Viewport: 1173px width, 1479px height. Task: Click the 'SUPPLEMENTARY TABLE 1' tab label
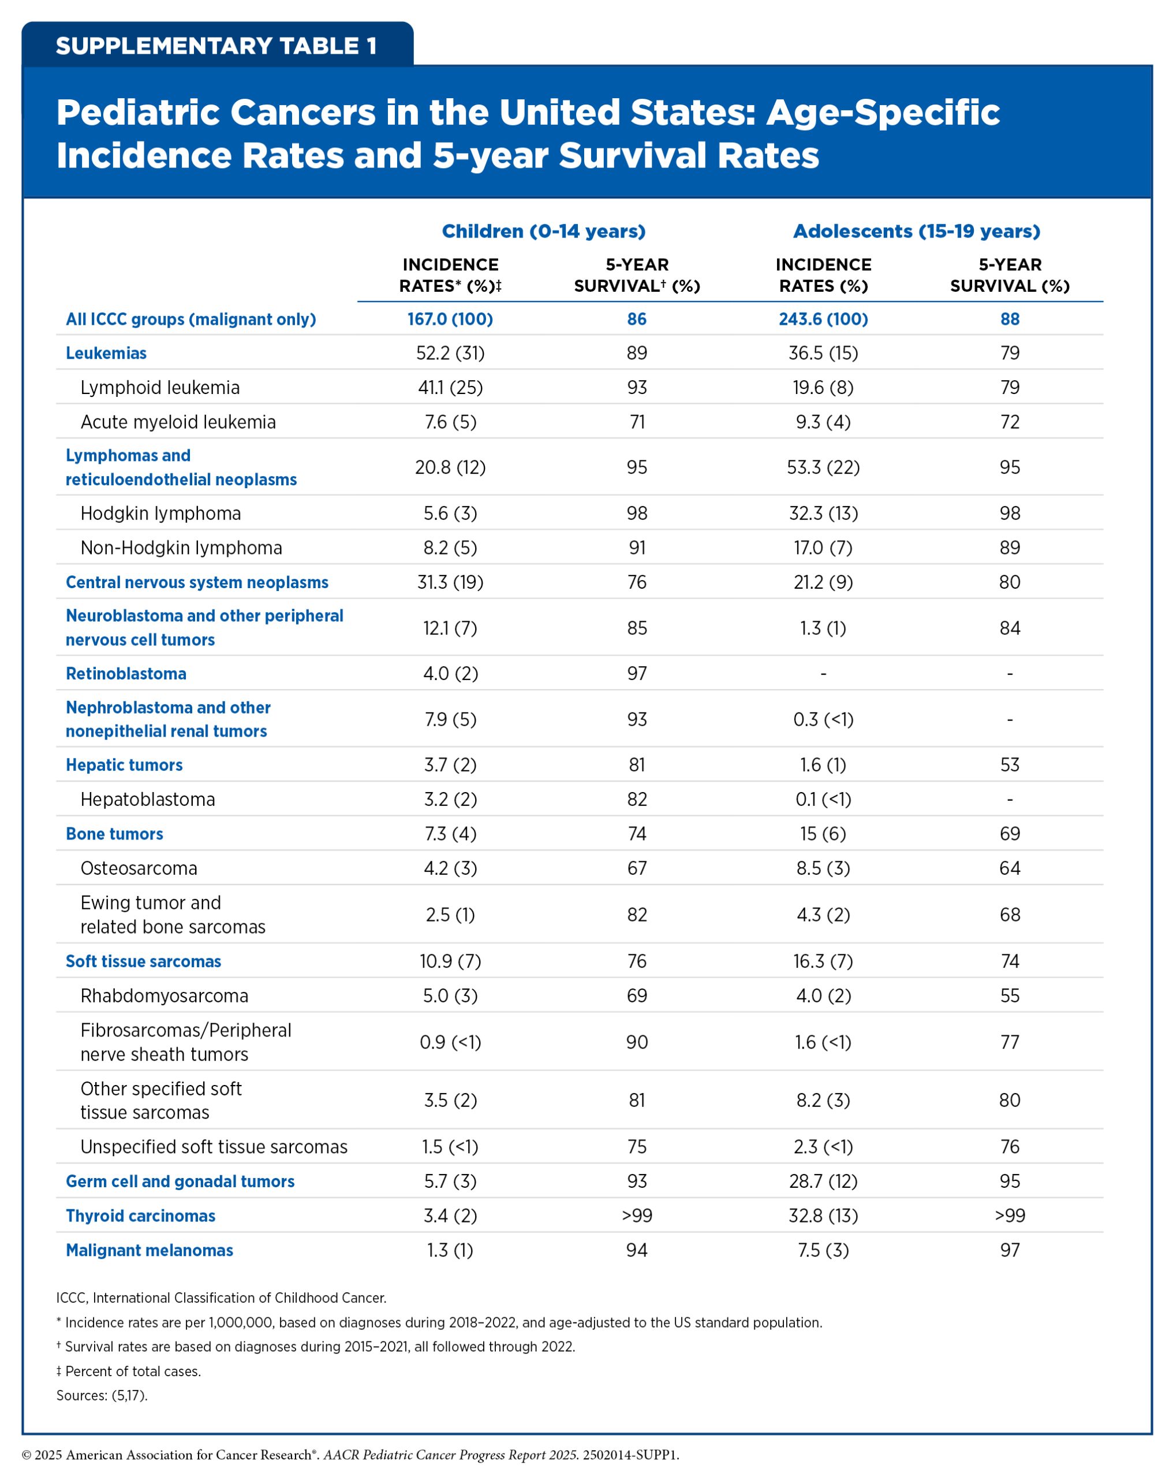point(216,46)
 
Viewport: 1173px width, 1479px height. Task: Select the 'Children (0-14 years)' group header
point(543,231)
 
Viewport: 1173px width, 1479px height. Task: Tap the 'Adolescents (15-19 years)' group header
point(916,231)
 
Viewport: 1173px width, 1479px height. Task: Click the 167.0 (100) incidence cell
point(450,319)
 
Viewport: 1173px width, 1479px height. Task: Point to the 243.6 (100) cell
point(823,319)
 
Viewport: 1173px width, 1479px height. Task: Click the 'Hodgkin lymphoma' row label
point(160,513)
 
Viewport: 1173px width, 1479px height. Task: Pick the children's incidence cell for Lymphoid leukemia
point(450,388)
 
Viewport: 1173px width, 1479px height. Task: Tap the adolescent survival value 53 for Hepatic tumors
point(1009,765)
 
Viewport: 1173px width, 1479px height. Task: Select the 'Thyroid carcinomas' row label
point(140,1216)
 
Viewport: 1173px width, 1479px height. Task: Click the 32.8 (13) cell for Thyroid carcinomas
point(823,1216)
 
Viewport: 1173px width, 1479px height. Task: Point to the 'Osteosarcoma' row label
point(139,868)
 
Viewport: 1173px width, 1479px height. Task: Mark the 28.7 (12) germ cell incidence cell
point(823,1181)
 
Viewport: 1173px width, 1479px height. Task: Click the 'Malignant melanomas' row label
point(149,1250)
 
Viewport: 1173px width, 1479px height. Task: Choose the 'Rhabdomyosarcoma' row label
point(164,995)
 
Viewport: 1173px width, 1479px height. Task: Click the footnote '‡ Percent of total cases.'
point(128,1372)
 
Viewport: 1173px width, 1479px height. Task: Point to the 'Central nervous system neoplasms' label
point(197,582)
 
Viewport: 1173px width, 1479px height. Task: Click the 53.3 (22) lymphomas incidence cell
point(823,467)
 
